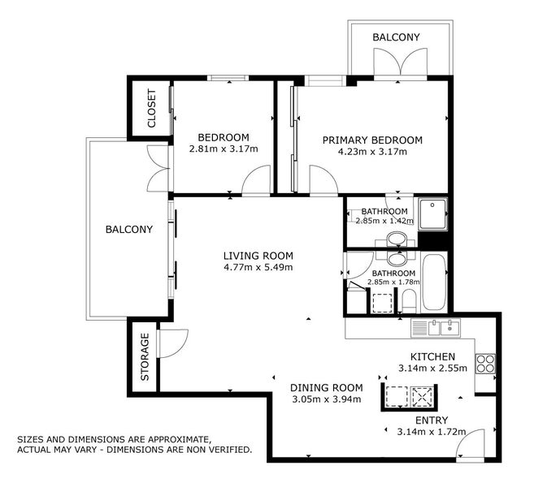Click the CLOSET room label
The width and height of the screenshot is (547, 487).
point(152,108)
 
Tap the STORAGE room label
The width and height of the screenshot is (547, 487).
point(145,357)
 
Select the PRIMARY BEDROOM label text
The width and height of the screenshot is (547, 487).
point(372,140)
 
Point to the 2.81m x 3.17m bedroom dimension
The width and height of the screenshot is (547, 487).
point(224,149)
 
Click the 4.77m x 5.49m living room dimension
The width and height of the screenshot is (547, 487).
point(258,268)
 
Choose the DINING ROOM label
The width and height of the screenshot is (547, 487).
point(327,388)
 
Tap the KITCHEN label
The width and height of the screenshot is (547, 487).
point(432,356)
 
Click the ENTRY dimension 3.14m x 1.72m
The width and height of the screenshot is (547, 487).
point(432,432)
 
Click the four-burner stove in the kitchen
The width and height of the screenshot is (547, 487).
point(485,364)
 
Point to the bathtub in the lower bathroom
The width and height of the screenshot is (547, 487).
point(434,282)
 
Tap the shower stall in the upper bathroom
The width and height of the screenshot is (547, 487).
point(432,214)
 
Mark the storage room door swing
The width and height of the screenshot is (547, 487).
point(173,343)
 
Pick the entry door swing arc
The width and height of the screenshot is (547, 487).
point(471,443)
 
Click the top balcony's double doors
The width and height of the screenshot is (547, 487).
point(401,62)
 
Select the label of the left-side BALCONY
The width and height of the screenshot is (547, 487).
point(129,229)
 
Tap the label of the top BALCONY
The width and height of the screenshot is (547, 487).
point(396,37)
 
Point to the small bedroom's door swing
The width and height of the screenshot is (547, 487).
point(256,179)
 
